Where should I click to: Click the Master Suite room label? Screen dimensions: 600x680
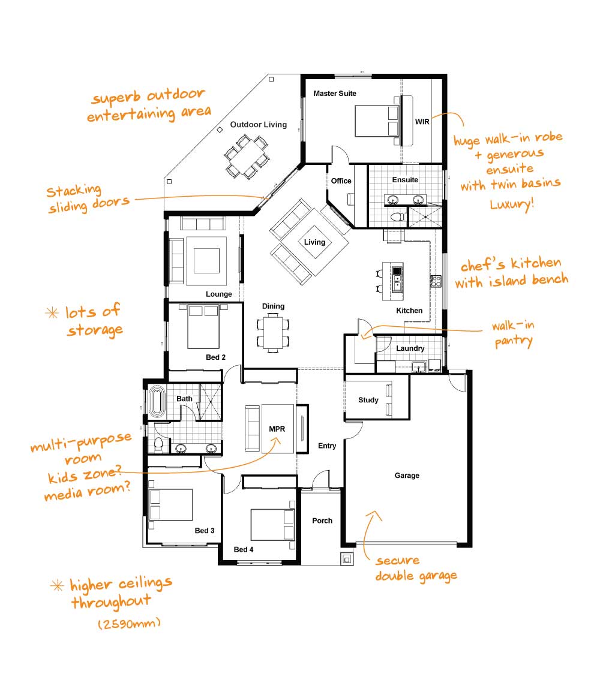click(334, 93)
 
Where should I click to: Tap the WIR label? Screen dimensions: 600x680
click(422, 122)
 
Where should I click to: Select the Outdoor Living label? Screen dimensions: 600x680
click(259, 125)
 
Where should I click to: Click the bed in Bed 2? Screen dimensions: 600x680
click(203, 326)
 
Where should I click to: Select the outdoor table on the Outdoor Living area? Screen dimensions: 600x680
click(247, 156)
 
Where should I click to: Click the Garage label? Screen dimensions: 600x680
click(407, 476)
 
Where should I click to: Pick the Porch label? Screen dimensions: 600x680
click(322, 520)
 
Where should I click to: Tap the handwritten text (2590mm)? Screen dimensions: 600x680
click(129, 624)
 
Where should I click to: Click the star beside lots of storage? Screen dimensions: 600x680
click(52, 312)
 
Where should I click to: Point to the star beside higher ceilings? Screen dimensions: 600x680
click(57, 586)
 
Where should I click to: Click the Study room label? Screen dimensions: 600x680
click(368, 400)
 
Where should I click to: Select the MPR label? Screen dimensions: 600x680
click(277, 429)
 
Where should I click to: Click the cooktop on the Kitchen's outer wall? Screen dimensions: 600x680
click(436, 281)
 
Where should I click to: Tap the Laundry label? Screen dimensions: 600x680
click(410, 348)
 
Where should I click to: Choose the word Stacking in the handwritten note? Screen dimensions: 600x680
click(74, 190)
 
